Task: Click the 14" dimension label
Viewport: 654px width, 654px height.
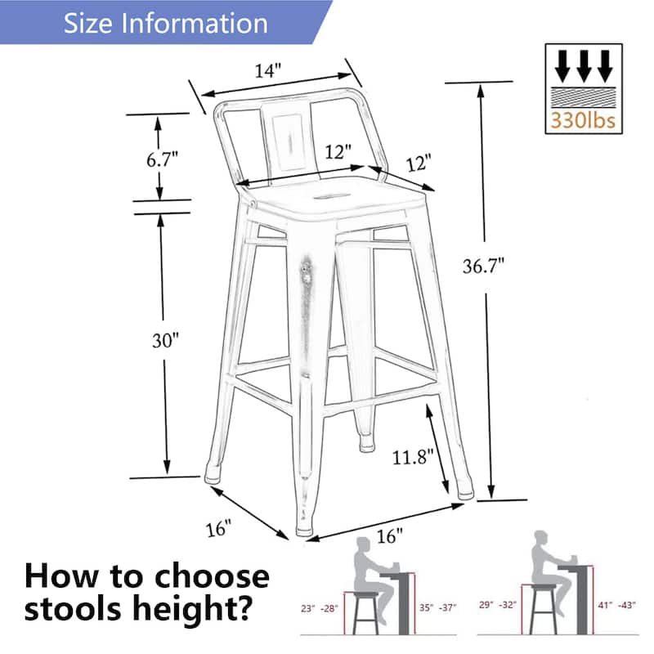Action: pyautogui.click(x=267, y=70)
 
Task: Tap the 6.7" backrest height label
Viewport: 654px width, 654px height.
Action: pyautogui.click(x=162, y=159)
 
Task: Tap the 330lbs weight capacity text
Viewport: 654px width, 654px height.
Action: pyautogui.click(x=583, y=121)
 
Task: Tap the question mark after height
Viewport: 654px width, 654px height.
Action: pyautogui.click(x=254, y=609)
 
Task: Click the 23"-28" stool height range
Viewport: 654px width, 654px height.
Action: pyautogui.click(x=319, y=607)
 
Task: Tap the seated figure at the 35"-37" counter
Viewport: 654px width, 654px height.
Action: pyautogui.click(x=372, y=572)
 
